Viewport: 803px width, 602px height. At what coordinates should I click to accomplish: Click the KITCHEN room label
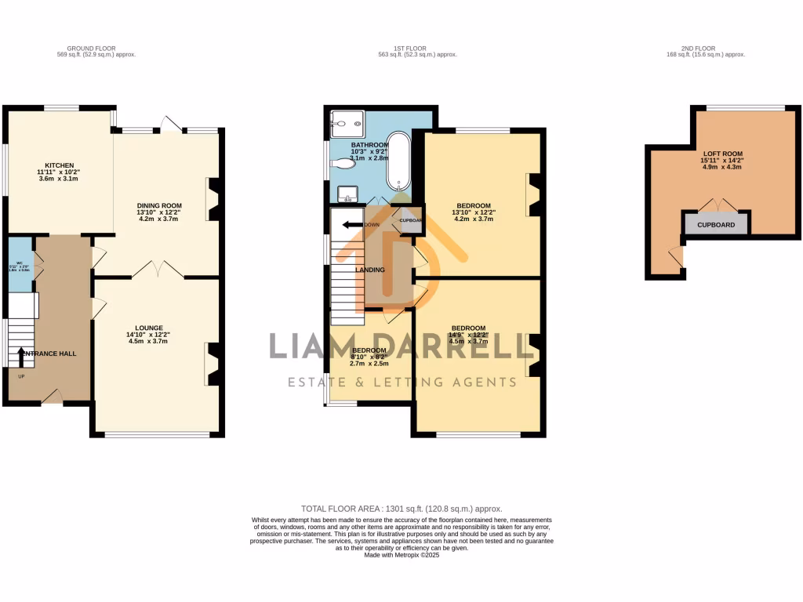click(x=60, y=165)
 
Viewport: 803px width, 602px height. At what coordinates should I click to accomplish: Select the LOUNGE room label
click(x=148, y=328)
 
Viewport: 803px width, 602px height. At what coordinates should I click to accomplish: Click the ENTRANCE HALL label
click(x=49, y=354)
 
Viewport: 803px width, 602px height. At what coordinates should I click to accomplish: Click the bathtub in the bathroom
click(x=398, y=161)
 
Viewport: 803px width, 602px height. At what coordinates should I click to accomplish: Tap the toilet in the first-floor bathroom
click(x=342, y=163)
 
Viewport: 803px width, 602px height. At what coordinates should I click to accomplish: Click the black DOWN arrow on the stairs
click(x=351, y=225)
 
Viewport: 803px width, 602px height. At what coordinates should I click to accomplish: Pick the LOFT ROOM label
click(x=722, y=154)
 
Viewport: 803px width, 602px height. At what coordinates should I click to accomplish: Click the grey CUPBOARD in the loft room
click(x=716, y=224)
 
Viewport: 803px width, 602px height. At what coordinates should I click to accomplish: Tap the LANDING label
click(x=370, y=270)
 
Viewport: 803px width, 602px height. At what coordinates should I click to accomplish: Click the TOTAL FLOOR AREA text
click(x=401, y=509)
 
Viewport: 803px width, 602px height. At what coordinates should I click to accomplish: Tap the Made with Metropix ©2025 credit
click(x=401, y=556)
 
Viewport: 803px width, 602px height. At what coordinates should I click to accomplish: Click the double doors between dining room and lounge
click(x=158, y=271)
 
